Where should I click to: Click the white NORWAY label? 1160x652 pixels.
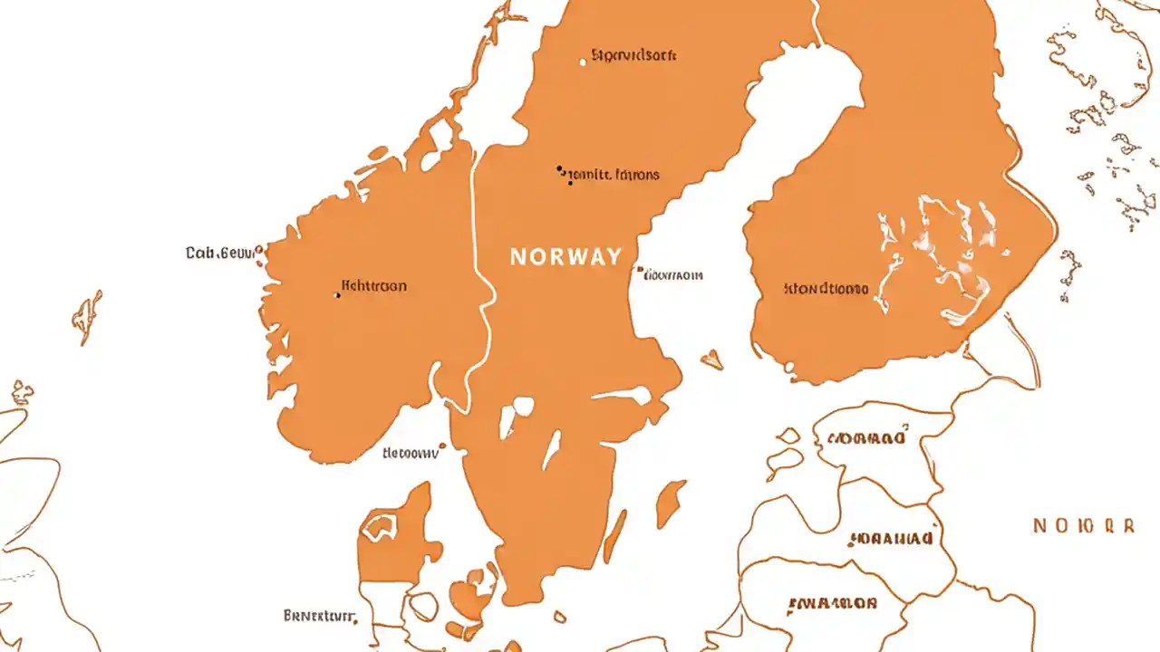(x=565, y=256)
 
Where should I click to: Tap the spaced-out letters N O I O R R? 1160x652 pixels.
(x=1083, y=525)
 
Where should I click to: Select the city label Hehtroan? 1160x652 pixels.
(x=373, y=286)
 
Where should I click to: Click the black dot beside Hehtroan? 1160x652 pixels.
(x=338, y=294)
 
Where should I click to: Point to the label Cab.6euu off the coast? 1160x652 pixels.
(x=220, y=254)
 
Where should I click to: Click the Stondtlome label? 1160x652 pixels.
(x=826, y=290)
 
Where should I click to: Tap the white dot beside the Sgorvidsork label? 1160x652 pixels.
(x=583, y=62)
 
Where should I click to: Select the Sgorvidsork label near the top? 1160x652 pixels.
(x=633, y=55)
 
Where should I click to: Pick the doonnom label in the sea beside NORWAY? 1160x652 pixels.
(x=673, y=274)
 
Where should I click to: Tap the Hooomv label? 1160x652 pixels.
(x=410, y=453)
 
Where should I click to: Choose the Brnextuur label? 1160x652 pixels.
(x=317, y=616)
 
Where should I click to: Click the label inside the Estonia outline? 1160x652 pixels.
(x=865, y=439)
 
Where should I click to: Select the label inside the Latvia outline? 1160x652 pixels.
(x=891, y=539)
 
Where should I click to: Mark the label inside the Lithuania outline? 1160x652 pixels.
(x=832, y=603)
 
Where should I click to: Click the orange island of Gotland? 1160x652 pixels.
(x=670, y=503)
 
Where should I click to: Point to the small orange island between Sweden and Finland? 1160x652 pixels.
(x=712, y=360)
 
